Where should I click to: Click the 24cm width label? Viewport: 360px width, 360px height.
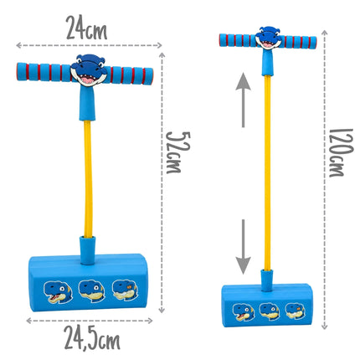pyautogui.click(x=86, y=28)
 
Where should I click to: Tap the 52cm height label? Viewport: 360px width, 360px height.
pyautogui.click(x=177, y=152)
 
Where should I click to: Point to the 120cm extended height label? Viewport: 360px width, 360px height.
pyautogui.click(x=341, y=153)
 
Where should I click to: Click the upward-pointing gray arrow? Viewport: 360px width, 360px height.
pyautogui.click(x=243, y=100)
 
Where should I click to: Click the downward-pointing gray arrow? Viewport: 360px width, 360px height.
pyautogui.click(x=243, y=247)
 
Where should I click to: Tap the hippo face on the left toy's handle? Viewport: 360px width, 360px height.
pyautogui.click(x=89, y=69)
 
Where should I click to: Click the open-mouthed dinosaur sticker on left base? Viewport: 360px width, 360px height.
pyautogui.click(x=58, y=292)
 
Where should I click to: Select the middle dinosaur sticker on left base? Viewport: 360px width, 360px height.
pyautogui.click(x=91, y=291)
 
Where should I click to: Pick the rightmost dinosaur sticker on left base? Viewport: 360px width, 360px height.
pyautogui.click(x=126, y=291)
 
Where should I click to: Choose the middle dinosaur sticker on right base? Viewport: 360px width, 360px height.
pyautogui.click(x=270, y=311)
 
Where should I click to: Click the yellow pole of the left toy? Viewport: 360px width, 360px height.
pyautogui.click(x=88, y=179)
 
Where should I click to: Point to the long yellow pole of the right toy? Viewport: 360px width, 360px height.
pyautogui.click(x=267, y=172)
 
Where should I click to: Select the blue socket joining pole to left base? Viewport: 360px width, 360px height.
pyautogui.click(x=88, y=250)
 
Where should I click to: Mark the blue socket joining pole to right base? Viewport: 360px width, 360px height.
pyautogui.click(x=267, y=280)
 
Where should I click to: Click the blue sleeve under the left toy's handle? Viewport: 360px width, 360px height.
pyautogui.click(x=87, y=103)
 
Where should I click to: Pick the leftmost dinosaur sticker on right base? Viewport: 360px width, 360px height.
pyautogui.click(x=244, y=312)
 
